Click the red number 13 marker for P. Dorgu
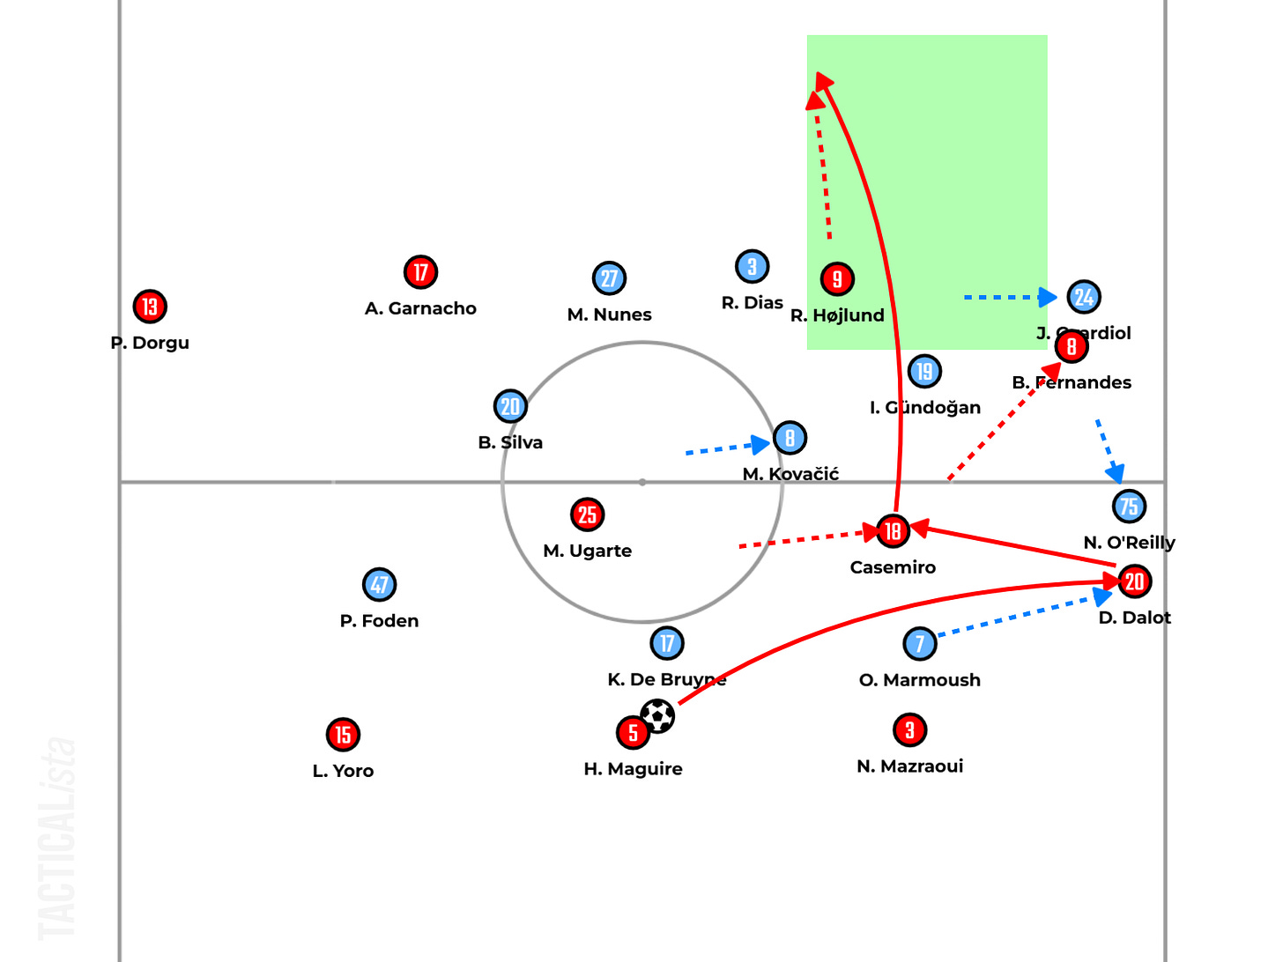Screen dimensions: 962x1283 (150, 307)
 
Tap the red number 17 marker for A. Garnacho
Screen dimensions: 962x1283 (421, 272)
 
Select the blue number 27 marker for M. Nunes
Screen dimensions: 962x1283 (609, 278)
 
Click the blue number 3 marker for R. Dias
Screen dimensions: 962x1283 (752, 266)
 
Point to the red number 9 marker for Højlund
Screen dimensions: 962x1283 (837, 279)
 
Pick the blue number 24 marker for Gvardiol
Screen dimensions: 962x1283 (1084, 297)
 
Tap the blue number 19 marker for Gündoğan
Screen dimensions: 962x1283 (924, 371)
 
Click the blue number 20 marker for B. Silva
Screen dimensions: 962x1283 (510, 406)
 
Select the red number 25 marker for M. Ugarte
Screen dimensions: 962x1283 (588, 514)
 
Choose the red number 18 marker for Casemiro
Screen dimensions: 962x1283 (893, 530)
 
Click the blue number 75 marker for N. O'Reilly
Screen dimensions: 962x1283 (1129, 506)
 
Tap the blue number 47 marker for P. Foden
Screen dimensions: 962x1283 (380, 584)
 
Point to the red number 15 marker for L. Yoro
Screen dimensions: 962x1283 (344, 734)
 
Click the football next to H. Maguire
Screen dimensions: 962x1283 (657, 715)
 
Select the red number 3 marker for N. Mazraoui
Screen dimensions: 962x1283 (910, 729)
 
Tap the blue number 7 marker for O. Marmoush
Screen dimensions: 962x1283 (920, 643)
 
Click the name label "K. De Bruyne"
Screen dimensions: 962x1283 (666, 679)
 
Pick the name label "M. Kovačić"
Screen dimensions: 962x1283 (790, 474)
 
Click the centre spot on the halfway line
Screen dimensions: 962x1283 (642, 482)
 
